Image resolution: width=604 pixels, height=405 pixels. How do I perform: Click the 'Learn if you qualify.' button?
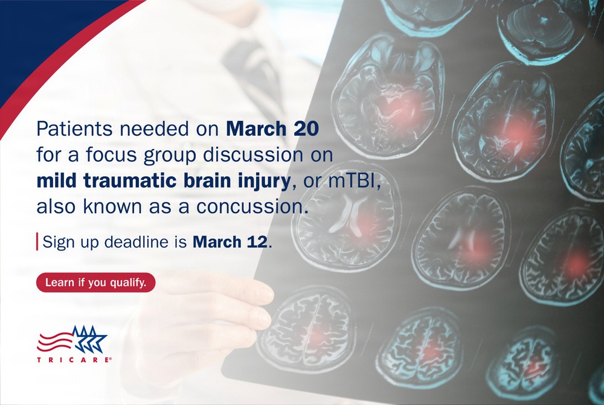point(96,282)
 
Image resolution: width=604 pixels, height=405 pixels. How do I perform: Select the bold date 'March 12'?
point(232,243)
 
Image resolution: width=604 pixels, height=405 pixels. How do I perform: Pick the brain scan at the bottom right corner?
point(525,362)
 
